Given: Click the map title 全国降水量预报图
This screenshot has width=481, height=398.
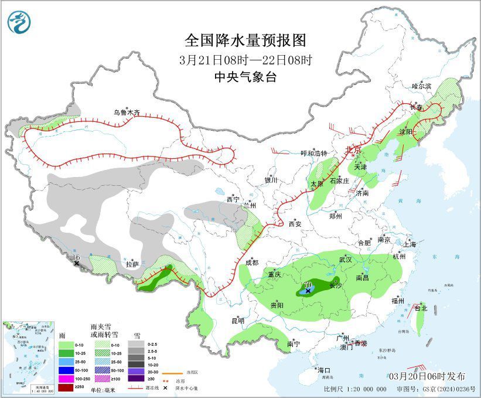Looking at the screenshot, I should point(245,40).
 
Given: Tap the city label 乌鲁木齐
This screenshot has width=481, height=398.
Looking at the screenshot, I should point(127,113).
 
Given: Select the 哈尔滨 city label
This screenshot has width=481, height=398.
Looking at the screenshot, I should point(421,86).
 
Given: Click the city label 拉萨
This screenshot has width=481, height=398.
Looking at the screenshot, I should point(132,264).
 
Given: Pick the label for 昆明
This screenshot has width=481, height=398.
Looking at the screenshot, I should point(237,321).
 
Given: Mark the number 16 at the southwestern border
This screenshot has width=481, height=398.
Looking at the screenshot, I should point(76,257).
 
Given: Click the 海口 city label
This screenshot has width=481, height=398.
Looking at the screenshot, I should point(324,370).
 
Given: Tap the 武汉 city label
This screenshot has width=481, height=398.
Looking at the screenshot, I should point(345,259).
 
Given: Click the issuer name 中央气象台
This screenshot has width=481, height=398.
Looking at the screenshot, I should point(245,77).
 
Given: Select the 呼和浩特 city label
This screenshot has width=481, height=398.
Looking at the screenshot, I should point(314,153).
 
